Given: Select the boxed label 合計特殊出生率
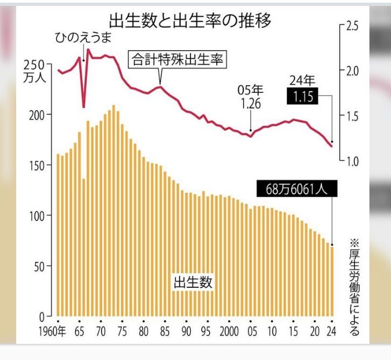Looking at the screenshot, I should pyautogui.click(x=177, y=59).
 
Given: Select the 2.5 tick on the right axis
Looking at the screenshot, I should pyautogui.click(x=352, y=26).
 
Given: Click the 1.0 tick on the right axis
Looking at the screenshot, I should pyautogui.click(x=352, y=161).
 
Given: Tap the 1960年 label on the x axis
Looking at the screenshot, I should pyautogui.click(x=53, y=331).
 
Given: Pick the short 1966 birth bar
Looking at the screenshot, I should pyautogui.click(x=84, y=248).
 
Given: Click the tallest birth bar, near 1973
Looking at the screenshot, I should pyautogui.click(x=113, y=210).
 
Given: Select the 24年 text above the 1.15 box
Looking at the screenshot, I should pyautogui.click(x=303, y=81).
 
